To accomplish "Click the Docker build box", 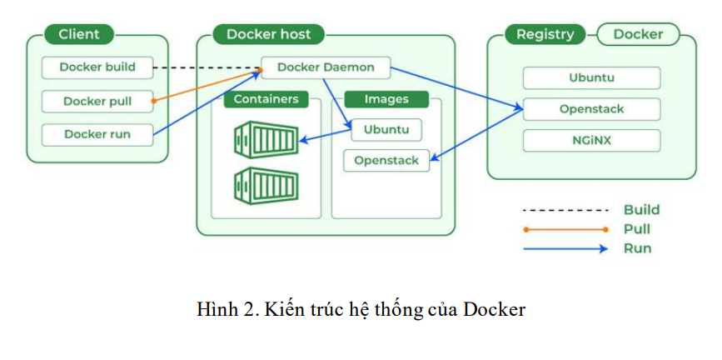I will pos(97,67).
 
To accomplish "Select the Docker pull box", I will pos(97,101).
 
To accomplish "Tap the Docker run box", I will pos(97,134).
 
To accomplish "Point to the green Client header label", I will pos(79,34).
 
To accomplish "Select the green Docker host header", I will pos(268,34).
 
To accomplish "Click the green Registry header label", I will pos(545,34).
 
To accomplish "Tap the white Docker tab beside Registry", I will pos(638,34).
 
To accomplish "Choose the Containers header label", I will pos(266,99).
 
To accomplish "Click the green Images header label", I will pos(386,99).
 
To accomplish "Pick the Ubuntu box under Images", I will pos(386,130).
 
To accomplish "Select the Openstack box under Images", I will pos(386,159).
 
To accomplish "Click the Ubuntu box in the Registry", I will pos(591,78).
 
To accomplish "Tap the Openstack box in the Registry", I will pos(591,109).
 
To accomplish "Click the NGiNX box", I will pos(591,140).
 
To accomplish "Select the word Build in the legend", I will pos(641,210).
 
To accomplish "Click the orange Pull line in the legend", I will pos(565,229).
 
